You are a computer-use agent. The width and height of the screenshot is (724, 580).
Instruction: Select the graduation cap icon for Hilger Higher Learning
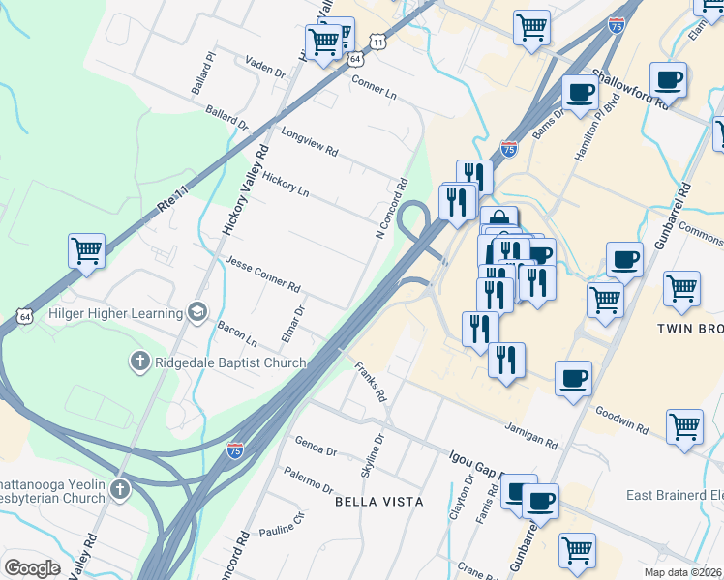tap(197, 312)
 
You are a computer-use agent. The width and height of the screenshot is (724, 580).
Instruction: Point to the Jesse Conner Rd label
tap(262, 275)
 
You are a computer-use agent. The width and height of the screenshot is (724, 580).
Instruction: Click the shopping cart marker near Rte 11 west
tap(86, 250)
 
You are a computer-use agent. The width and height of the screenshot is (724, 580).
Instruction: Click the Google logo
tap(33, 568)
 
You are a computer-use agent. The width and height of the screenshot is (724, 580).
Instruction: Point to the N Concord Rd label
tap(392, 208)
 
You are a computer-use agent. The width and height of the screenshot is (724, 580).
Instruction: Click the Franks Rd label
tap(371, 383)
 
